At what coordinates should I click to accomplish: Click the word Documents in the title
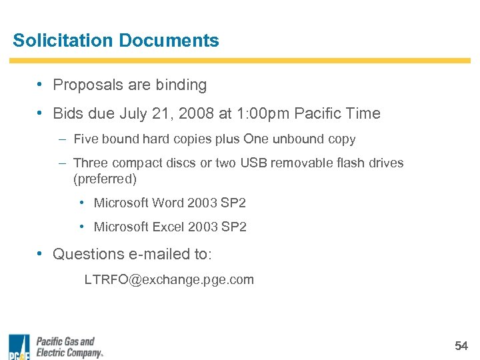[169, 40]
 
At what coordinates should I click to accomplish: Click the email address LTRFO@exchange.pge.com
[169, 279]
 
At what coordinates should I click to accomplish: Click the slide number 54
[461, 345]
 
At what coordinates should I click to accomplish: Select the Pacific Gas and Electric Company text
[69, 347]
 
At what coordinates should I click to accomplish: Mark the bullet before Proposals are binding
[41, 85]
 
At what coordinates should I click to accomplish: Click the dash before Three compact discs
[61, 163]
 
